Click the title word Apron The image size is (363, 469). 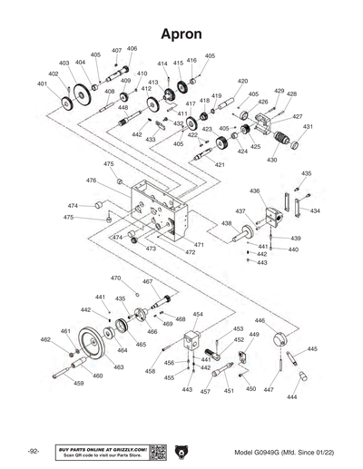pyautogui.click(x=181, y=34)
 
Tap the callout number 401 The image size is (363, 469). pyautogui.click(x=42, y=83)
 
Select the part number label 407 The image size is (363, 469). pyautogui.click(x=116, y=51)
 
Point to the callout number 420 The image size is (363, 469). pyautogui.click(x=242, y=81)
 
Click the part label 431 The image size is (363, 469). pyautogui.click(x=308, y=127)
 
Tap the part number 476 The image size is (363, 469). pyautogui.click(x=92, y=181)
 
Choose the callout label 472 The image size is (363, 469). pyautogui.click(x=191, y=252)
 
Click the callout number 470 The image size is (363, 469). pyautogui.click(x=115, y=278)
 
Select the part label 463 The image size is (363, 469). pyautogui.click(x=118, y=367)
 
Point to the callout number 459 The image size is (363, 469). pyautogui.click(x=78, y=384)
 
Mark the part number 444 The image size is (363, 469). pyautogui.click(x=291, y=397)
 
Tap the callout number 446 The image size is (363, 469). pyautogui.click(x=260, y=320)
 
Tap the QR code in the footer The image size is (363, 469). pyautogui.click(x=156, y=452)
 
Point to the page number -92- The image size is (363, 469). pyautogui.click(x=34, y=452)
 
